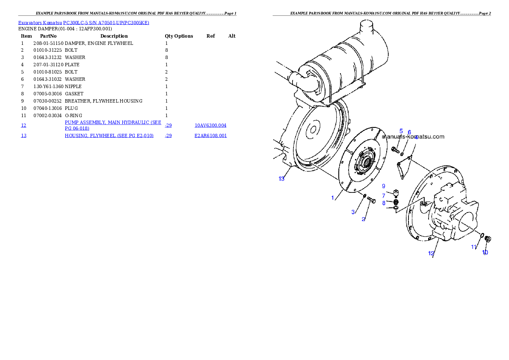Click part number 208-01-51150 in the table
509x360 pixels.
(48, 43)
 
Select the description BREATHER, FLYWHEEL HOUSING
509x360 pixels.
(104, 101)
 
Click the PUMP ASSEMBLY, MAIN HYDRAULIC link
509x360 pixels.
(113, 125)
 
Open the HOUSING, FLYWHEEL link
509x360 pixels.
(109, 136)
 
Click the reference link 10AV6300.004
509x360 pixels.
(210, 125)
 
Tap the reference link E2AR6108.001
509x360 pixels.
(211, 136)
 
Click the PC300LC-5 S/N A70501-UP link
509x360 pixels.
(106, 23)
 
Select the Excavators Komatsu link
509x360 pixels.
(40, 23)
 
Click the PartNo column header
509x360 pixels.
(48, 36)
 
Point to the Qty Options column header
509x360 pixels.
(179, 36)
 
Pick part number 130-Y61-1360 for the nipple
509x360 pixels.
(48, 86)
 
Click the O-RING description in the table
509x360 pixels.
(74, 115)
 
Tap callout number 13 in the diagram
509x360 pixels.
(281, 179)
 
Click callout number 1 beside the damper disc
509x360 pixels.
(332, 198)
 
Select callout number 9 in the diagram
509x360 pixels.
(384, 186)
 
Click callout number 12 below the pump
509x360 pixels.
(431, 254)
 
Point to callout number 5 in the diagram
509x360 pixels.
(401, 131)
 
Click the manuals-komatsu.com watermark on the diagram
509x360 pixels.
(413, 137)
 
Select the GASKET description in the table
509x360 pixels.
(74, 94)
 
